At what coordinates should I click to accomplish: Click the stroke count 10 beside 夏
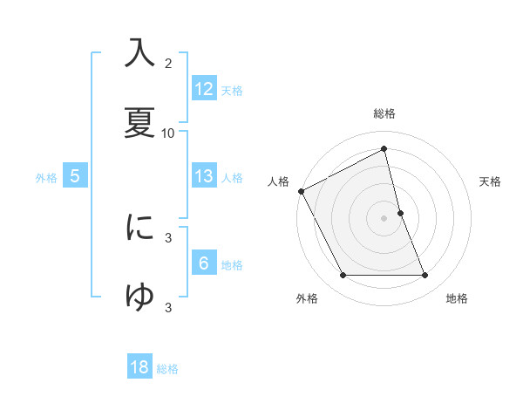168,133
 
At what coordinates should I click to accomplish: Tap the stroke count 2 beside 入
168,64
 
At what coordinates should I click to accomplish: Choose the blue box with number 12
204,89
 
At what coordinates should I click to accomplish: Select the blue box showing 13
204,176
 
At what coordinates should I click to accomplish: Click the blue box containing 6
204,263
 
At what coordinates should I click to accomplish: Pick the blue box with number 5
75,176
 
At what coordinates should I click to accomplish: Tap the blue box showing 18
139,367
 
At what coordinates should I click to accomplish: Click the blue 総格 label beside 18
167,369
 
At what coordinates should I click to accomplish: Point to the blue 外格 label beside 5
46,178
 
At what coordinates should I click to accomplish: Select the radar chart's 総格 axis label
384,114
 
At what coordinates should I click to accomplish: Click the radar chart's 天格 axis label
491,181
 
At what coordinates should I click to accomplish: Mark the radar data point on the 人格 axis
302,191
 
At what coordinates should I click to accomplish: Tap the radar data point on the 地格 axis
425,276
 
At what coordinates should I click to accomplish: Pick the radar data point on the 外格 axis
343,276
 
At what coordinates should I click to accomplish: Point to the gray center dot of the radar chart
384,218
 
